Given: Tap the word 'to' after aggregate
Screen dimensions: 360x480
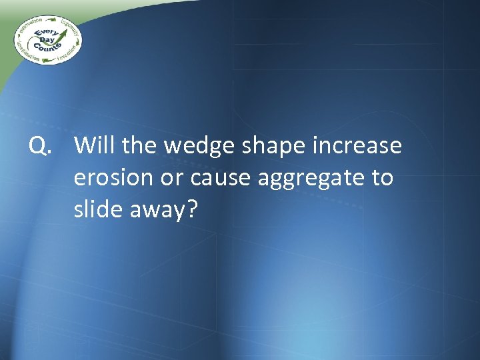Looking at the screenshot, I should click(x=380, y=178).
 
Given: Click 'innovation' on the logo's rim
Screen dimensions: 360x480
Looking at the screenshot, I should click(x=27, y=26).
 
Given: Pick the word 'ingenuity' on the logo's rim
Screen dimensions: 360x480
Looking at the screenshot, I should click(x=69, y=27).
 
